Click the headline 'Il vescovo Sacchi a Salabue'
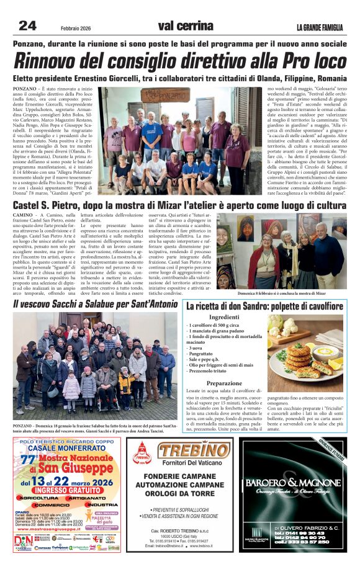click(x=96, y=305)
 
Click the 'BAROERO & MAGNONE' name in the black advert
click(x=292, y=483)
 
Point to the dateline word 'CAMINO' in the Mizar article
click(x=24, y=214)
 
